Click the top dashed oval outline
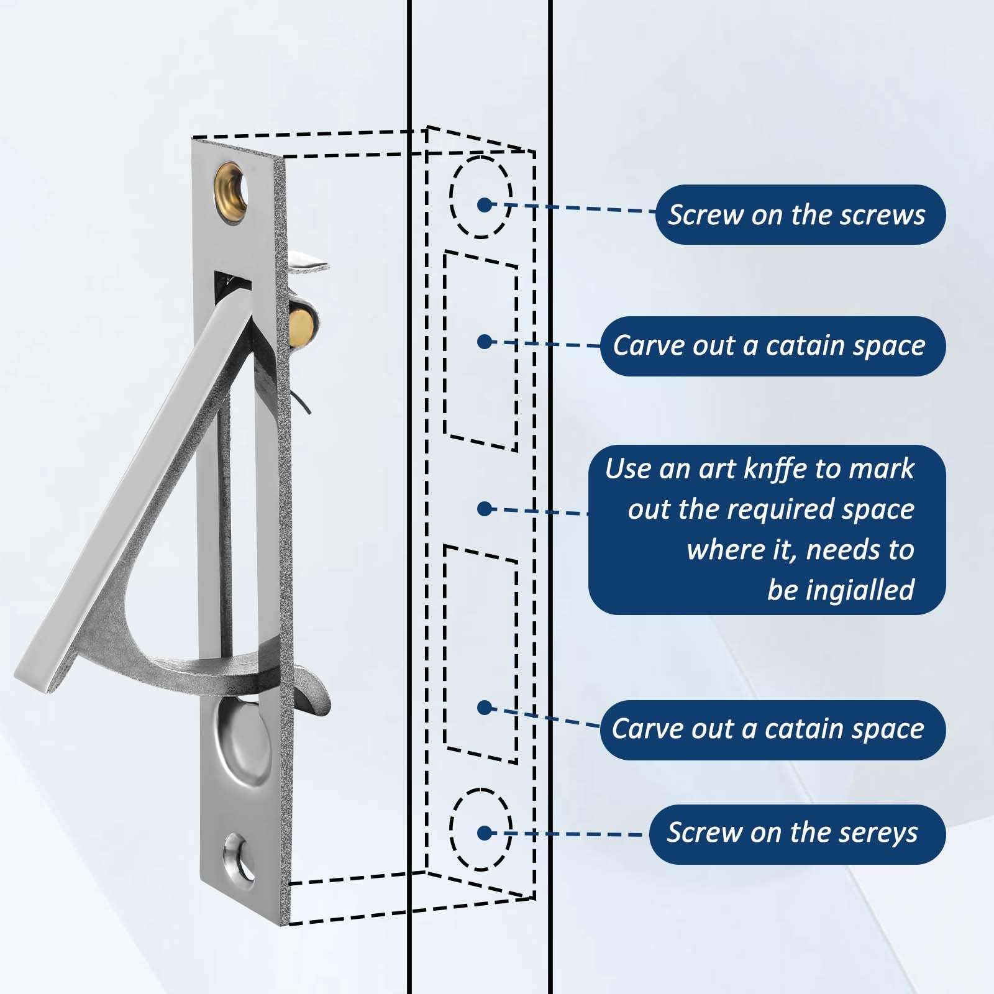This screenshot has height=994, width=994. tap(481, 196)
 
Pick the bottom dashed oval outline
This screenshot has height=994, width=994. tap(481, 829)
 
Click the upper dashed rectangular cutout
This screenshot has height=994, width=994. tap(481, 351)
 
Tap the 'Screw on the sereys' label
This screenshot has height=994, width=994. tap(797, 834)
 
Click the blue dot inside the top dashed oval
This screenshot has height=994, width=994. tap(485, 204)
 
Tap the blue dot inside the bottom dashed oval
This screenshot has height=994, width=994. tap(485, 833)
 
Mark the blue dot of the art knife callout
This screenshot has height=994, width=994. tap(485, 509)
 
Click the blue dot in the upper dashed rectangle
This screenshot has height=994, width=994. tap(485, 341)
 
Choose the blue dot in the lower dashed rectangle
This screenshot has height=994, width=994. tap(485, 707)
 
